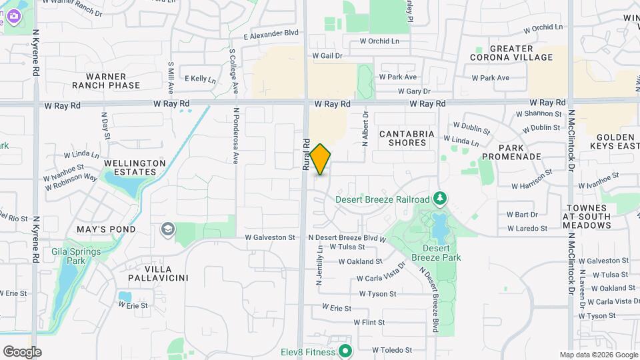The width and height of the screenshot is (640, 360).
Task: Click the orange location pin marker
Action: [x=321, y=159]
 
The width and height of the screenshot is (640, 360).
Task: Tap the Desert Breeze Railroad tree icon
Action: [x=439, y=199]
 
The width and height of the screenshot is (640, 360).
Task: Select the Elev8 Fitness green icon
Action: [x=345, y=349]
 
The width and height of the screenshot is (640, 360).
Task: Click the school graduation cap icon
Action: [x=167, y=230]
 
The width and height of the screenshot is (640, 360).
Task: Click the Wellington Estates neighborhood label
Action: [x=125, y=167]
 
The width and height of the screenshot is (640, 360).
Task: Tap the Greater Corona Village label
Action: [x=512, y=53]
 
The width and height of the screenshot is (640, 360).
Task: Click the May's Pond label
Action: [x=106, y=229]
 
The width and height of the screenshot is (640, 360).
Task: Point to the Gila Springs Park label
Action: [x=76, y=257]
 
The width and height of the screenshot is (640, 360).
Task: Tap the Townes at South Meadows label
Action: [x=587, y=217]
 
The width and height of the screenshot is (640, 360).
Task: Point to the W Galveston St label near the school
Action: [x=270, y=237]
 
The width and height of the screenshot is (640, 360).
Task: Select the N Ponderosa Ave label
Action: [x=236, y=136]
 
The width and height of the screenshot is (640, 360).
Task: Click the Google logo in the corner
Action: [x=22, y=352]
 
